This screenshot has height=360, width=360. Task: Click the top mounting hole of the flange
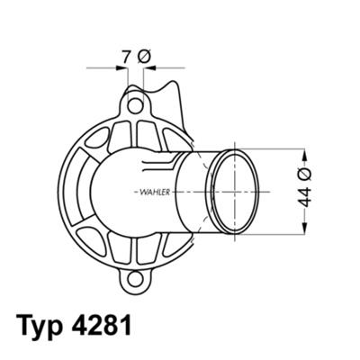(135, 106)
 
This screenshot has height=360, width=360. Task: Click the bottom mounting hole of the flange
(136, 278)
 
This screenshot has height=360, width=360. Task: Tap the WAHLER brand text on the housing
(155, 192)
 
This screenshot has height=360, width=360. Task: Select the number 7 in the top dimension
(127, 56)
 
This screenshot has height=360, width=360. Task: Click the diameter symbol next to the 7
(145, 56)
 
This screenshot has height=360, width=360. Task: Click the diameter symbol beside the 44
(305, 175)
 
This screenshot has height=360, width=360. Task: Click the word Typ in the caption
(40, 324)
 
